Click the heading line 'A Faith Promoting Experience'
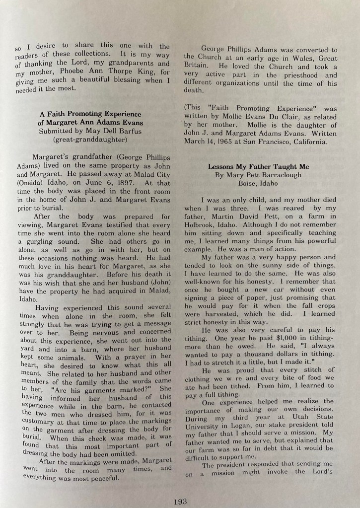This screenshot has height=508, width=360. tap(91, 114)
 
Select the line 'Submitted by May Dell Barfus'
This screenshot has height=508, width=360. tap(91, 132)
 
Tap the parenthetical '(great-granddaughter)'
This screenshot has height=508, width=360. tap(91, 140)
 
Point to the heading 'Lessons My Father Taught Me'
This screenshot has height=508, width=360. tap(258, 167)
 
